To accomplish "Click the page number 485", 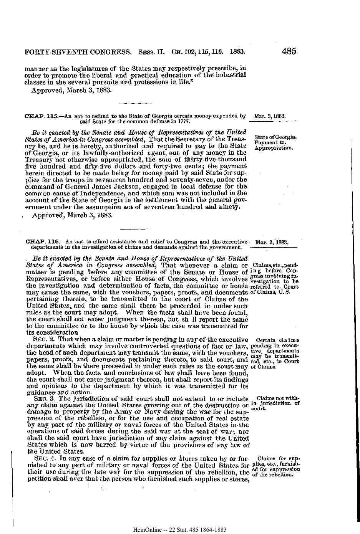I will click(289, 51).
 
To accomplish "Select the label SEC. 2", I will click(43, 339).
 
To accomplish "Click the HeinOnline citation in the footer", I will click(180, 529).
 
